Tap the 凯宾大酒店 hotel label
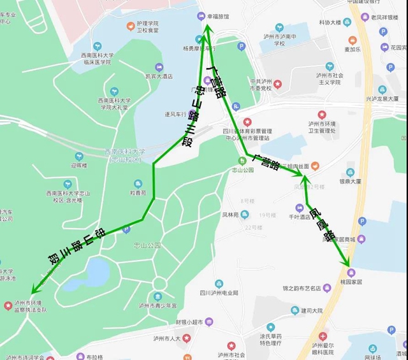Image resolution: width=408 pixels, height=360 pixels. pyautogui.click(x=159, y=76)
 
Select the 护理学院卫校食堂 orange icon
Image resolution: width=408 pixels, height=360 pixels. pyautogui.click(x=132, y=27)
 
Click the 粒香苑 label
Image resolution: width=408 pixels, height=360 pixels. pyautogui.click(x=139, y=192)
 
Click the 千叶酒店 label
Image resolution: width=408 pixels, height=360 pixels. pyautogui.click(x=299, y=217)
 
